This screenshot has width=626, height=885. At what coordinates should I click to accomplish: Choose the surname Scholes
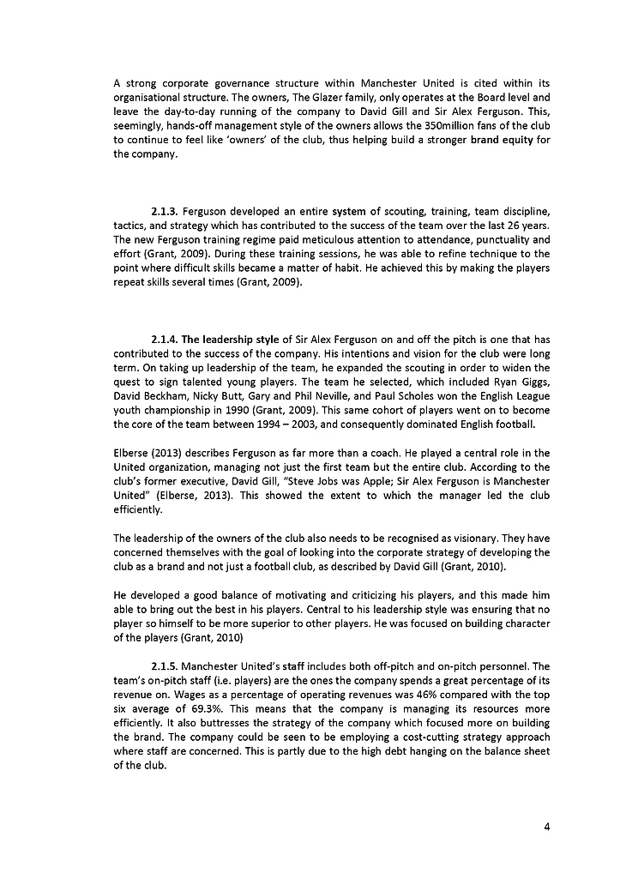(x=386, y=394)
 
